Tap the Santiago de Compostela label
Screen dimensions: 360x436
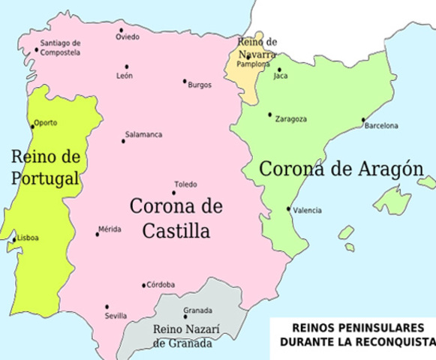60,47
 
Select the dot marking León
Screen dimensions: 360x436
127,67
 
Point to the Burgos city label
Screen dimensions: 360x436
200,85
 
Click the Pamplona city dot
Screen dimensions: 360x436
248,57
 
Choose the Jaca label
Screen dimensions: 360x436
281,76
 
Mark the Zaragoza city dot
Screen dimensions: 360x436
270,115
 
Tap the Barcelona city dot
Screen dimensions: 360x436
363,119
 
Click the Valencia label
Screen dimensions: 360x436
308,211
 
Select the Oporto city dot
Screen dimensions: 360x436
32,125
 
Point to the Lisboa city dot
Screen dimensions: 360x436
14,240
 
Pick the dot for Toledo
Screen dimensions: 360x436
174,193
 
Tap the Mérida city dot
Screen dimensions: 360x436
97,234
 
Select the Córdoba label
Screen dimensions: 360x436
161,285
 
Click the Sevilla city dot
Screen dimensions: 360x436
107,306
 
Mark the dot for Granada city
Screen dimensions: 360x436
185,318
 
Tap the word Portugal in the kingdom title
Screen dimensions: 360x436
45,178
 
